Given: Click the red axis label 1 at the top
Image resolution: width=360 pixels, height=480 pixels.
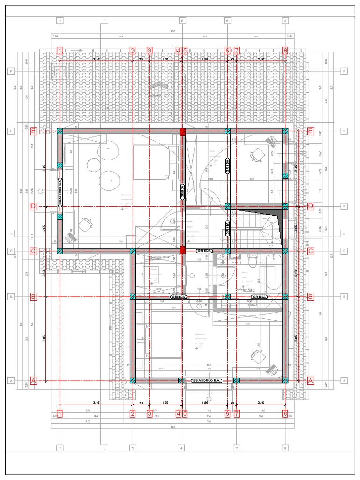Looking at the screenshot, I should pos(60,51).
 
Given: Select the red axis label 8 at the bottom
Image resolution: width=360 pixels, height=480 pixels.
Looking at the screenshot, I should pos(285,413).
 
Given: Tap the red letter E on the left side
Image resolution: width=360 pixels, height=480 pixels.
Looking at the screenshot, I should pos(33,131).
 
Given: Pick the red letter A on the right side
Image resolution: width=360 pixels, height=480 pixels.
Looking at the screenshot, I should pos(310,381).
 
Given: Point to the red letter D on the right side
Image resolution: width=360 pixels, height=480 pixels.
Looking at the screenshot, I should pos(310,206).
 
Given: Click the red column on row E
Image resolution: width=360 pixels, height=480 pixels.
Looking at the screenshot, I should pos(182,132).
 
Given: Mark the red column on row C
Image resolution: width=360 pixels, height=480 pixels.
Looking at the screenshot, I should pos(182,251).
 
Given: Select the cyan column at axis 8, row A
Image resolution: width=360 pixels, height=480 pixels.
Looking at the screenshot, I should pos(285,380).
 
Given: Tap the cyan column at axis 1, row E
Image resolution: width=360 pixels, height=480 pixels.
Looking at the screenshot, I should pos(60,132).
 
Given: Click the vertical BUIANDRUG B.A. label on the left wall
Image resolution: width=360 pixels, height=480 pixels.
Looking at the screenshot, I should pos(60,193).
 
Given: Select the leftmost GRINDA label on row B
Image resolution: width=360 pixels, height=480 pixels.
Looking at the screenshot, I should pos(179,297).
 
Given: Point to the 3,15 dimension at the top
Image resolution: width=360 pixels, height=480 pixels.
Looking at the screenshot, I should pos(96,60).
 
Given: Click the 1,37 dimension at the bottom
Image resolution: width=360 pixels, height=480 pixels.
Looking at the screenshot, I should pos(165,403).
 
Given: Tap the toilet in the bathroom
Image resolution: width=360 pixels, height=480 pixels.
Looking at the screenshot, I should pos(253,259).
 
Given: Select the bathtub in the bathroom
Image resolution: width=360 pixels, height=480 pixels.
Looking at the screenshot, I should pos(273,274).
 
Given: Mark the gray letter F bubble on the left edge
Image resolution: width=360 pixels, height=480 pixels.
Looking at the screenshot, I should pos(10,71).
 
